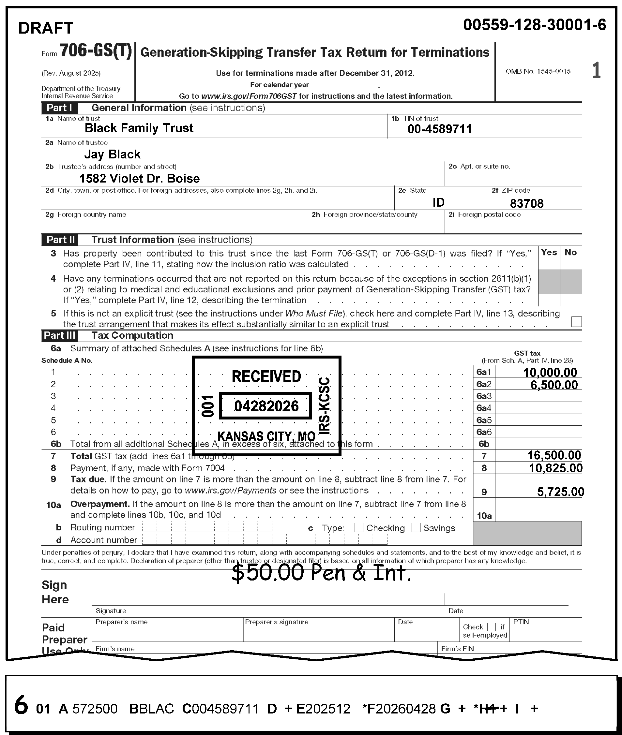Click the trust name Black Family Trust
139,128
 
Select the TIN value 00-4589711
439,129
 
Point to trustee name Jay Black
112,154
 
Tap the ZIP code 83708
526,203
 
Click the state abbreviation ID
438,202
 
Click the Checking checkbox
358,527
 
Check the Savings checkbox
416,527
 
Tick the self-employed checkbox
491,627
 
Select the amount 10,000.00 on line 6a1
550,373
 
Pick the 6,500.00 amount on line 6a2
554,384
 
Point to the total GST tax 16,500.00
554,455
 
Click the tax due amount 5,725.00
560,492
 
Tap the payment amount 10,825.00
555,468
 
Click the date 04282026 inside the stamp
266,406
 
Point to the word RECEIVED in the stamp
266,377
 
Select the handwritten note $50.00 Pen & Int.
321,573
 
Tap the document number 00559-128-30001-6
535,25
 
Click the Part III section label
59,335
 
